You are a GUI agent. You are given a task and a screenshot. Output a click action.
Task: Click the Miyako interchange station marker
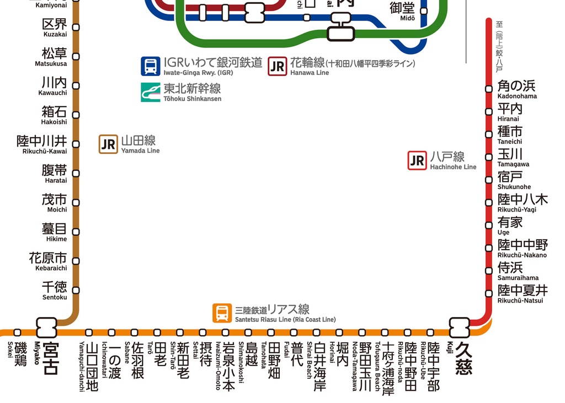tap(47, 327)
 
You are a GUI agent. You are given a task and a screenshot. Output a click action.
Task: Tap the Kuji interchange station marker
tap(459, 327)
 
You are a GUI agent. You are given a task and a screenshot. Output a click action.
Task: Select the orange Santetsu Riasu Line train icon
tap(222, 313)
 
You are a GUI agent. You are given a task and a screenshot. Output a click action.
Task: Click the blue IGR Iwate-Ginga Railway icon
tap(150, 66)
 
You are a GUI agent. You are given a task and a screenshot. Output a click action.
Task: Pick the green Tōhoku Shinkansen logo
tap(150, 92)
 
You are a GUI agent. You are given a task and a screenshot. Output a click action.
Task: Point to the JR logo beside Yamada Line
tap(109, 144)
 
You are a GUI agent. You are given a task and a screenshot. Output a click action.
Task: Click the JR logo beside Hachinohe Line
tap(417, 160)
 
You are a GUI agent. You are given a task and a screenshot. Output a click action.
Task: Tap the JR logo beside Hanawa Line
tap(278, 66)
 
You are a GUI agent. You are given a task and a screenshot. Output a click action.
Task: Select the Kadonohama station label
tap(516, 89)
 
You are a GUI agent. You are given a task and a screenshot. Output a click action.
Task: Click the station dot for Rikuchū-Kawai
tap(76, 144)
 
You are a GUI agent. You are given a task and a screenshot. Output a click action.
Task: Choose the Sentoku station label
tap(55, 291)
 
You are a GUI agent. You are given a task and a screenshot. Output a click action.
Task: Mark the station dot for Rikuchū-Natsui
tap(489, 293)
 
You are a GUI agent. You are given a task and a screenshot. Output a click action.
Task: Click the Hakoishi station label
tap(54, 115)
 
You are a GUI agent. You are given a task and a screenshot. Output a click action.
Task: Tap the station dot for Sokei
tap(18, 332)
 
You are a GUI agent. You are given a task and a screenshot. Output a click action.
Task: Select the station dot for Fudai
tap(294, 332)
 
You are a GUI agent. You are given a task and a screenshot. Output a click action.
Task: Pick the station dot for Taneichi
tap(489, 134)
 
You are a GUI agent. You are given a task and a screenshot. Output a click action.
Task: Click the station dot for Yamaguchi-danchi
tap(89, 332)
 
